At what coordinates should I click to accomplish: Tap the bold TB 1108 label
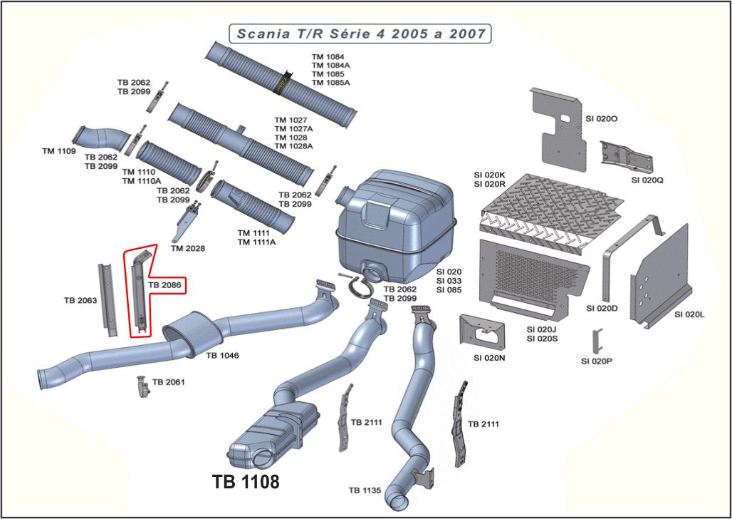point(246,482)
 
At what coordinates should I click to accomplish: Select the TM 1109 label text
point(58,151)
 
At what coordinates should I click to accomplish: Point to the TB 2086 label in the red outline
point(164,285)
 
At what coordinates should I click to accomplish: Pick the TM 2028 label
point(188,248)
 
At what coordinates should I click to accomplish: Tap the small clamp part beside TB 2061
point(142,387)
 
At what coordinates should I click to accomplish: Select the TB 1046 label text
point(222,354)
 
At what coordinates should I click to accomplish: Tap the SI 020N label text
point(489,357)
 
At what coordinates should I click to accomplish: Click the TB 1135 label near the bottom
point(365,490)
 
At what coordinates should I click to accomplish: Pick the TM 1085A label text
point(330,82)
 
